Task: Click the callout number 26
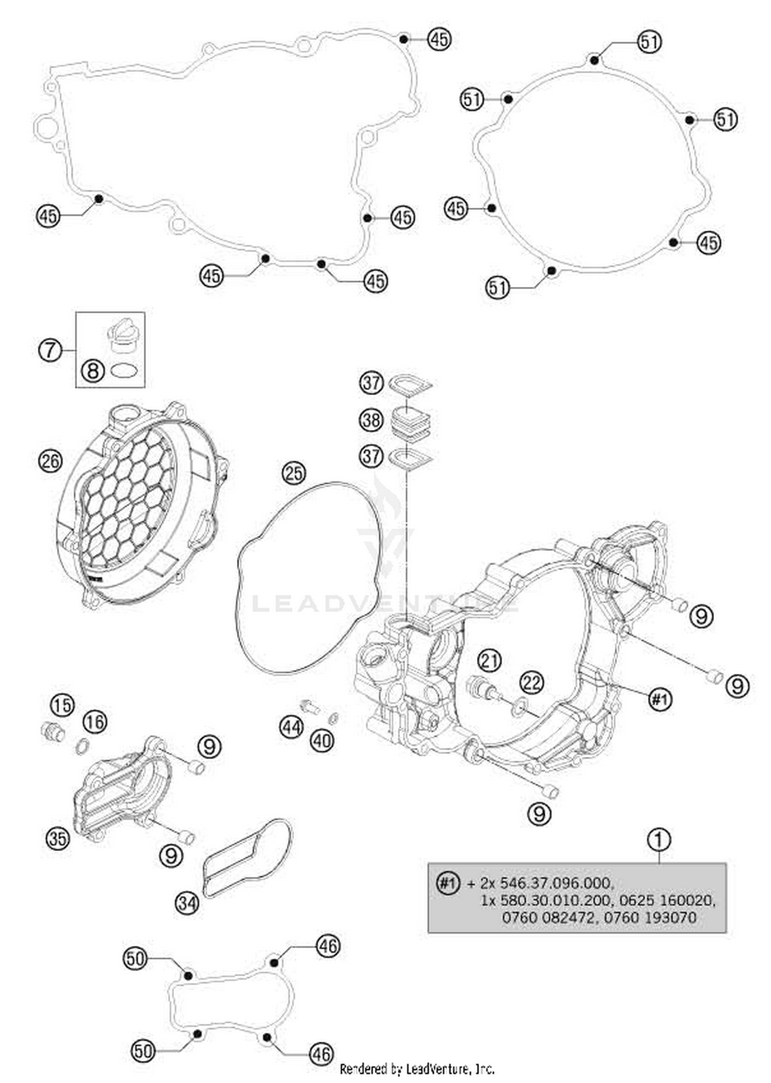tap(50, 461)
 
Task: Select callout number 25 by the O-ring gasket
tap(293, 473)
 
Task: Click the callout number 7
tap(50, 351)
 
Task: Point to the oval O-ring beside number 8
tap(124, 371)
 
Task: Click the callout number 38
tap(371, 420)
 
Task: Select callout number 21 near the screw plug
tap(490, 660)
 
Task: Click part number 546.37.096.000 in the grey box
tap(556, 883)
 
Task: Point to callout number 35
tap(58, 839)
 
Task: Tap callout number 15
tap(62, 705)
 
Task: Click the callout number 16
tap(95, 722)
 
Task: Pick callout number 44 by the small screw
tap(291, 727)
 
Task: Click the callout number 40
tap(322, 741)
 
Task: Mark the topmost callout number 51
tap(649, 42)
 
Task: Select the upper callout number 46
tap(328, 946)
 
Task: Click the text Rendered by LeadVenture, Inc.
tap(417, 1069)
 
